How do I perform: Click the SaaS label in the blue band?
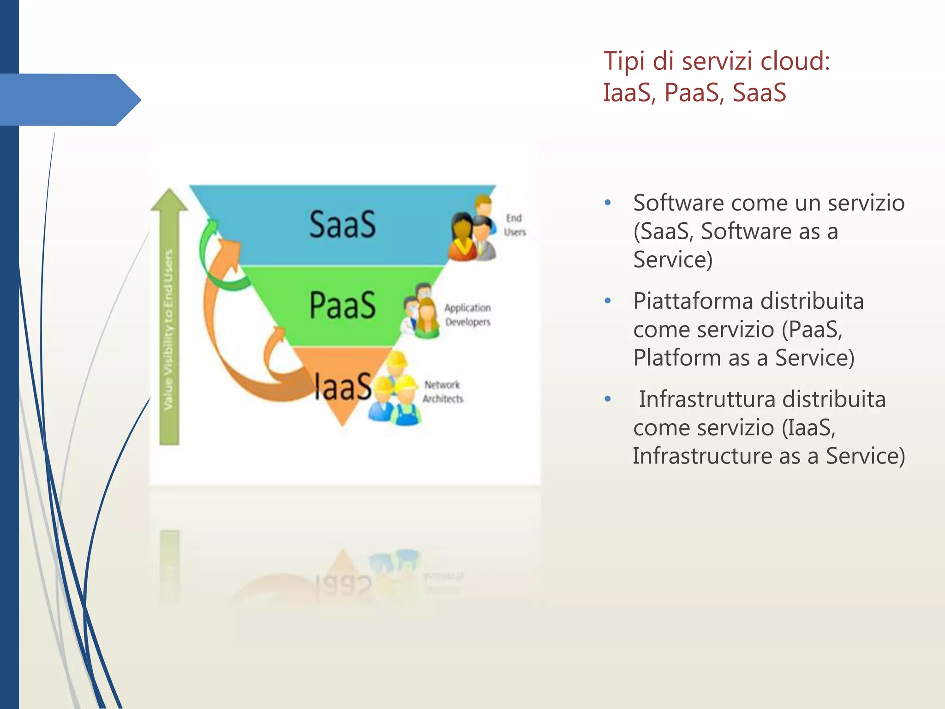tap(342, 225)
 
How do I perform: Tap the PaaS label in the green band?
tap(342, 305)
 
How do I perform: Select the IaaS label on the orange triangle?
tap(342, 386)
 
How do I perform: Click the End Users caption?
tap(514, 225)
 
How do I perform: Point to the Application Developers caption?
tap(467, 315)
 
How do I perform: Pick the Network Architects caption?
tap(443, 391)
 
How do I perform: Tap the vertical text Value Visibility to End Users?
tap(168, 330)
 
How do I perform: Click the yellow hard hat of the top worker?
tap(396, 358)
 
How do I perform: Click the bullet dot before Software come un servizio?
tap(608, 203)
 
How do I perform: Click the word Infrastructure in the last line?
tap(702, 456)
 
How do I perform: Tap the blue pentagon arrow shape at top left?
tap(69, 100)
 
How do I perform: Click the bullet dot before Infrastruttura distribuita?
tap(608, 399)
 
